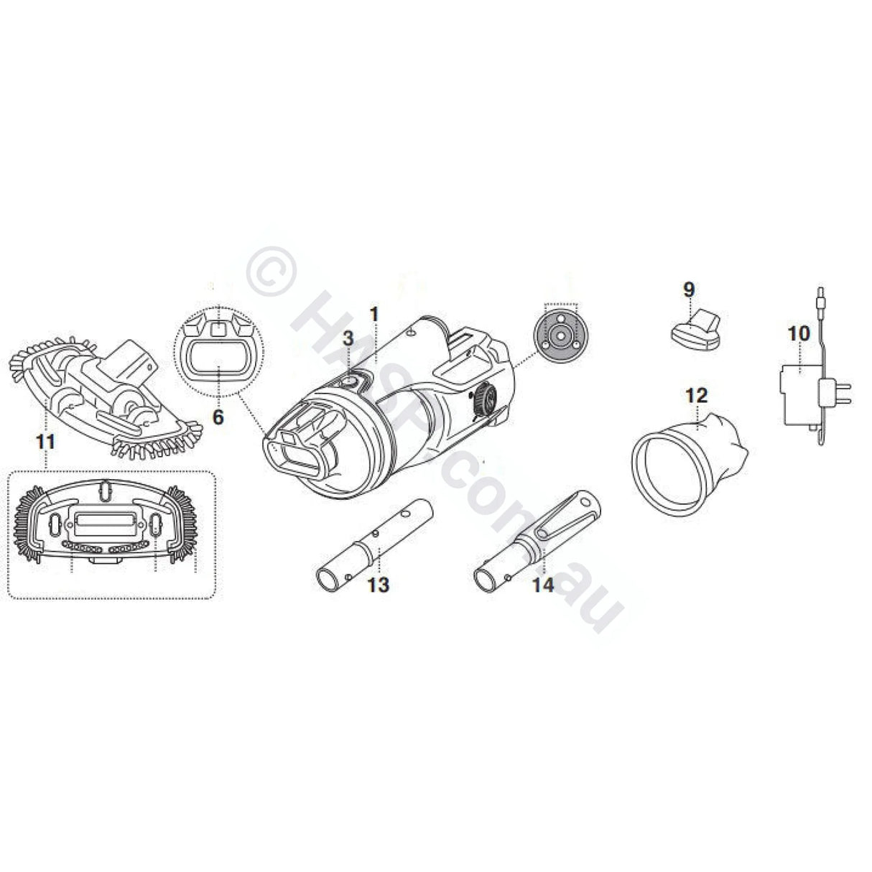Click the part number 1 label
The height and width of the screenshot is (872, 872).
point(374,314)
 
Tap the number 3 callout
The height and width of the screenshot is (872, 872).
point(348,338)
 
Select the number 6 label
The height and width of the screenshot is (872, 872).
point(218,416)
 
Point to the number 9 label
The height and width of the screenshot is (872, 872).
point(689,289)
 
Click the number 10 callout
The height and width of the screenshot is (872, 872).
point(798,333)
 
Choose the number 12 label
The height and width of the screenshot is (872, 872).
point(697,395)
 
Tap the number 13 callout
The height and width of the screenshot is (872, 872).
point(379,585)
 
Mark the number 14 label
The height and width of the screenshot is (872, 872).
point(543,585)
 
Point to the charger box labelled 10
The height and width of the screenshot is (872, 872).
point(797,395)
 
